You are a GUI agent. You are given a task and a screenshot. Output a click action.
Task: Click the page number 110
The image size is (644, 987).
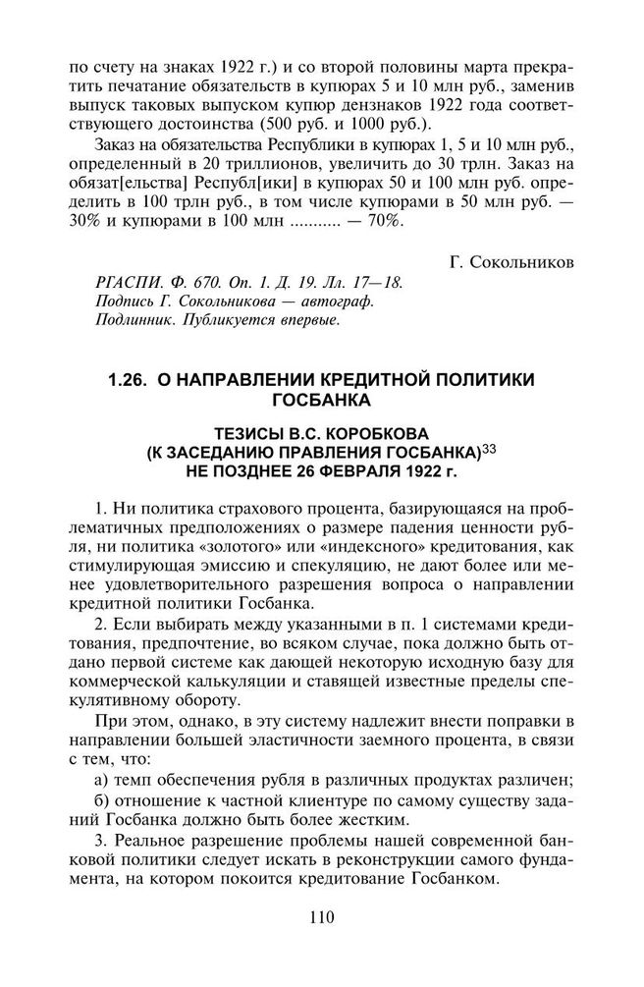click(321, 918)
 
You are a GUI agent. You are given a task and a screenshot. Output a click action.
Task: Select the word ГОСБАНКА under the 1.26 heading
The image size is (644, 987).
click(321, 400)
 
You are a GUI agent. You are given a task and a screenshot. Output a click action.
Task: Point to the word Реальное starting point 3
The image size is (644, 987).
click(158, 842)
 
